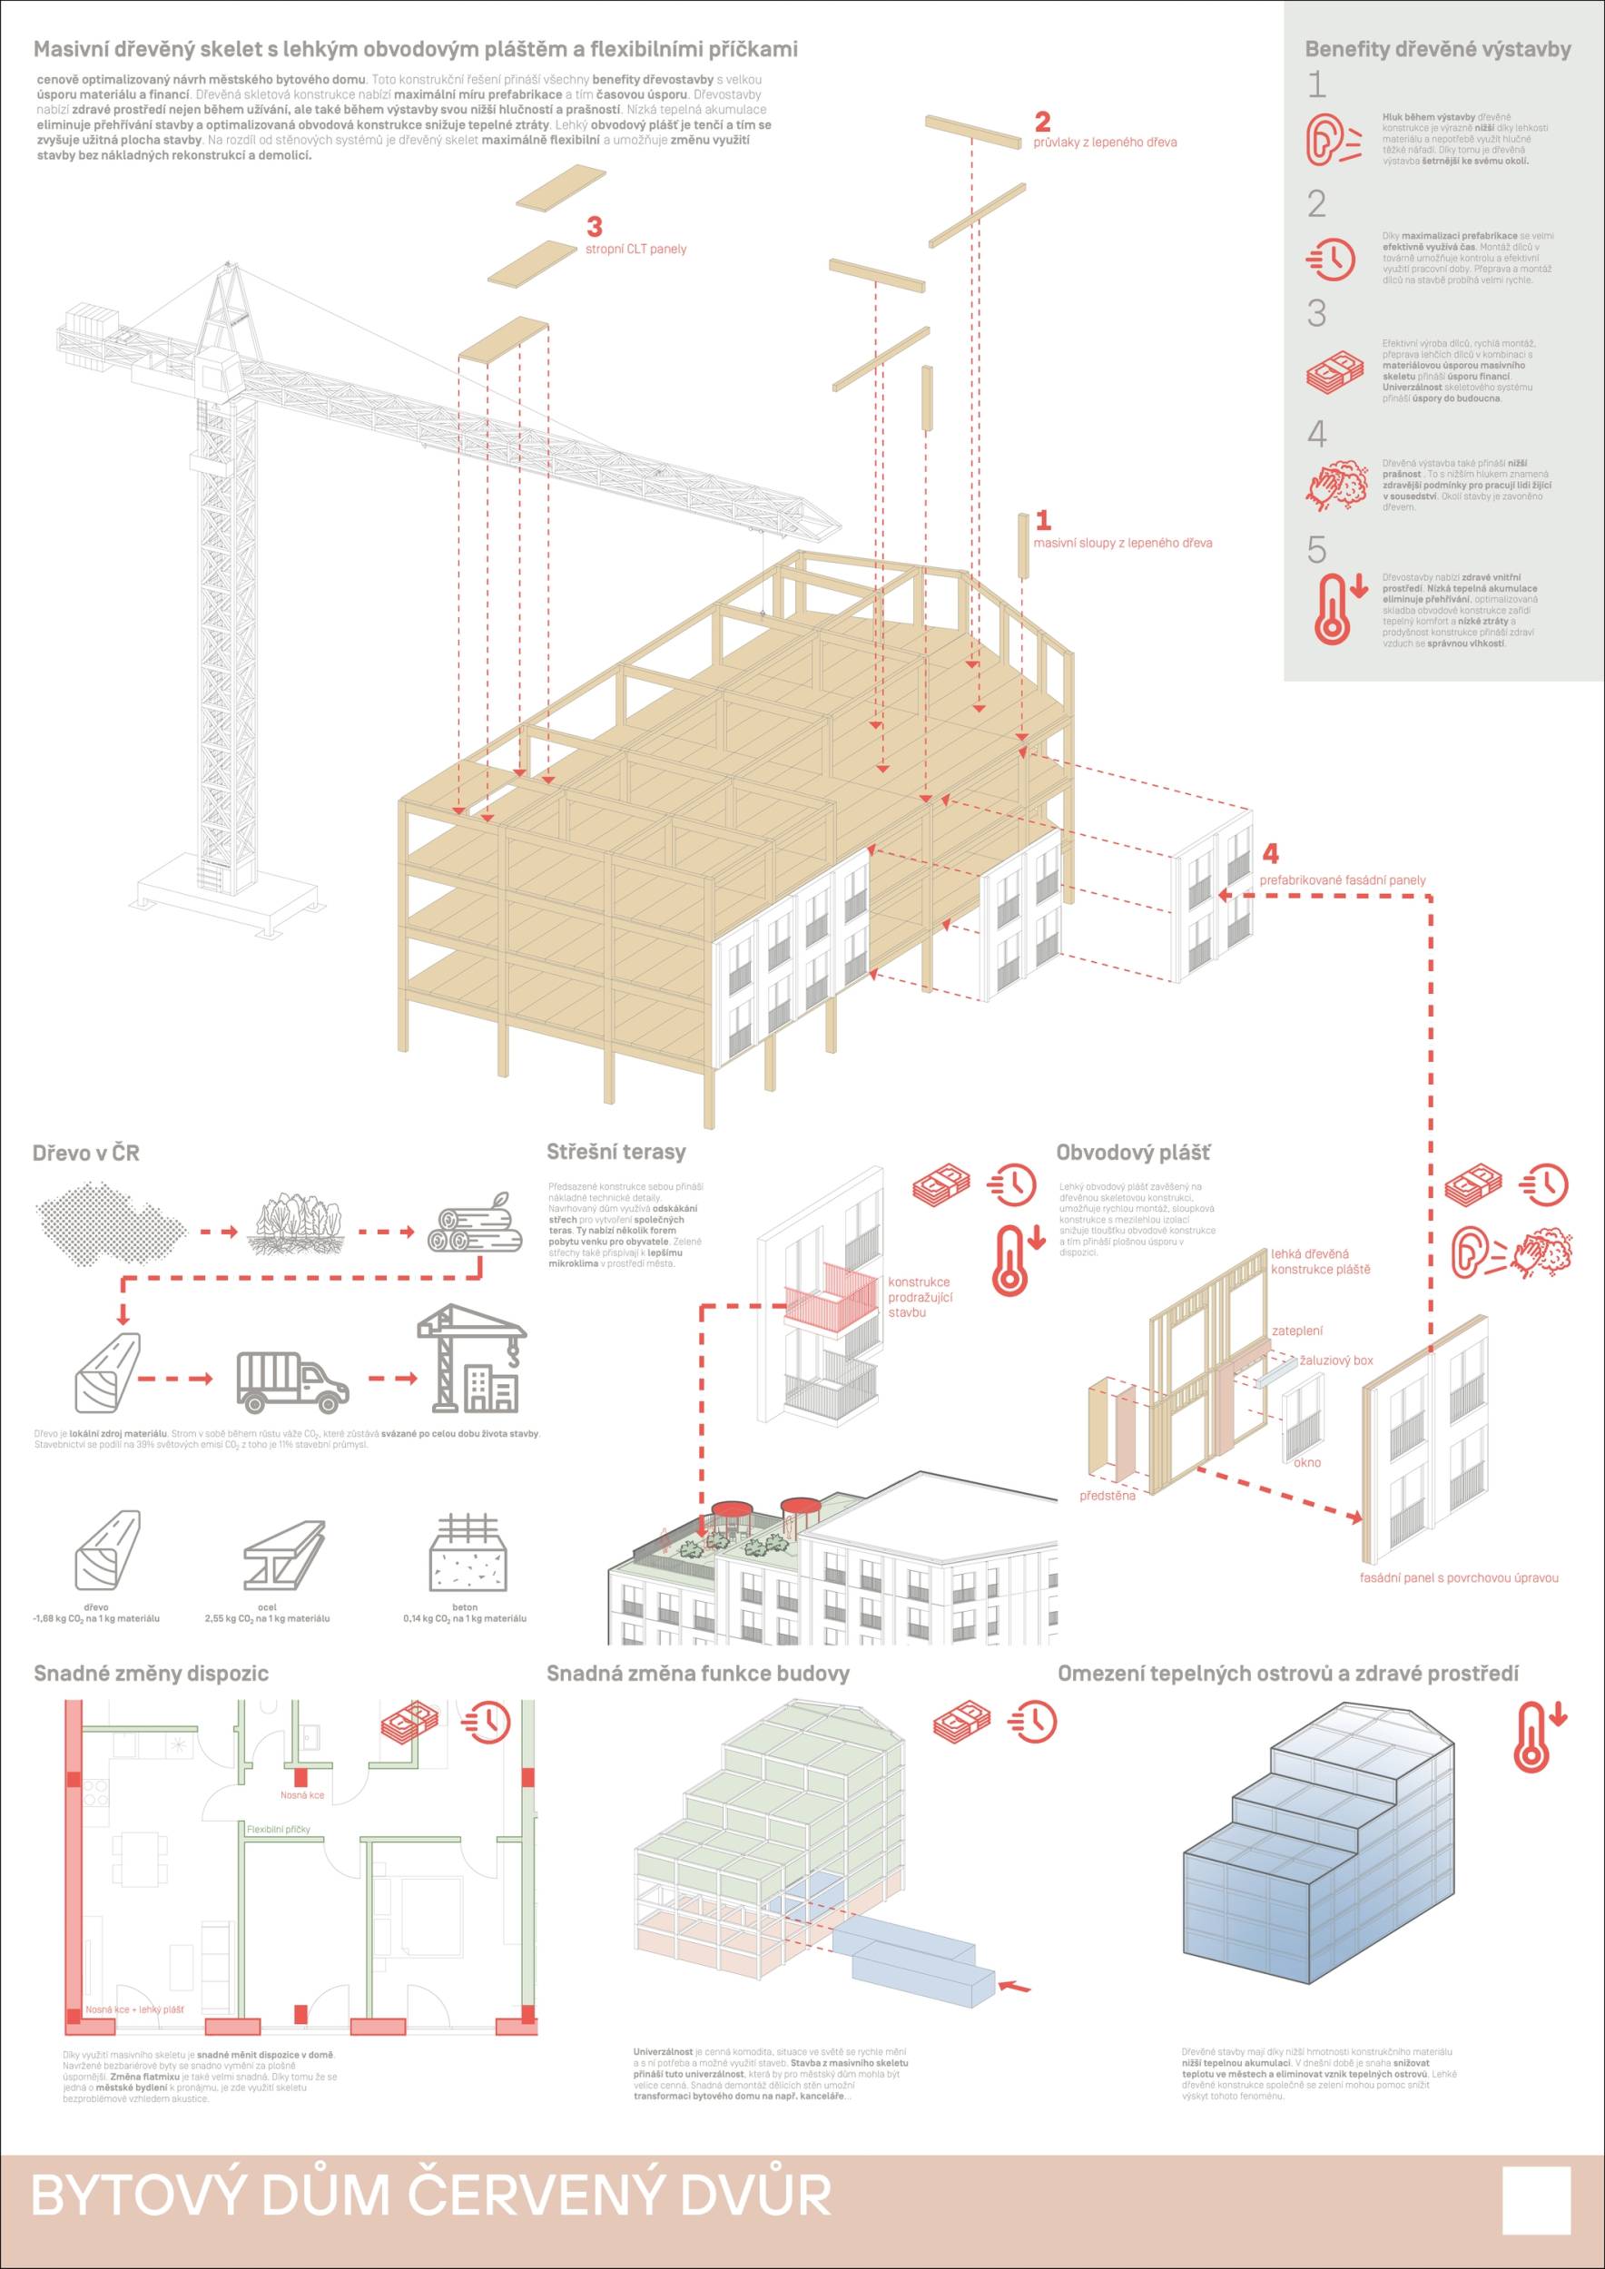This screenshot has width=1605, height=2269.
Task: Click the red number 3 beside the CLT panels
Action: point(594,227)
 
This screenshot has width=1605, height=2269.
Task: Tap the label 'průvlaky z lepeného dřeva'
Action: point(1105,142)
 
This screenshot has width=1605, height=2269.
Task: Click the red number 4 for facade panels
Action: point(1270,853)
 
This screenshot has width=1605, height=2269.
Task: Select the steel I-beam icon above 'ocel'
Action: point(283,1556)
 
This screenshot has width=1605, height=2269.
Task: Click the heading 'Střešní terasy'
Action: point(615,1152)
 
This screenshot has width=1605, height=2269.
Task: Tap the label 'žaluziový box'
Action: point(1336,1360)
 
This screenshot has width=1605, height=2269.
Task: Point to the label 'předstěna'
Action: point(1107,1495)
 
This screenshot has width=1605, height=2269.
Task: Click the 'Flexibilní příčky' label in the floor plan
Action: point(279,1829)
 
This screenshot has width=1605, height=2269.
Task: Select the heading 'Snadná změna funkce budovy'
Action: point(698,1673)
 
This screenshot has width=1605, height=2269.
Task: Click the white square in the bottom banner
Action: point(1535,2200)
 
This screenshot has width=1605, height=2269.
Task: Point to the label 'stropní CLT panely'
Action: point(635,249)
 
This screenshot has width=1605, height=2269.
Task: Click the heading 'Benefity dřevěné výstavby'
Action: point(1437,49)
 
